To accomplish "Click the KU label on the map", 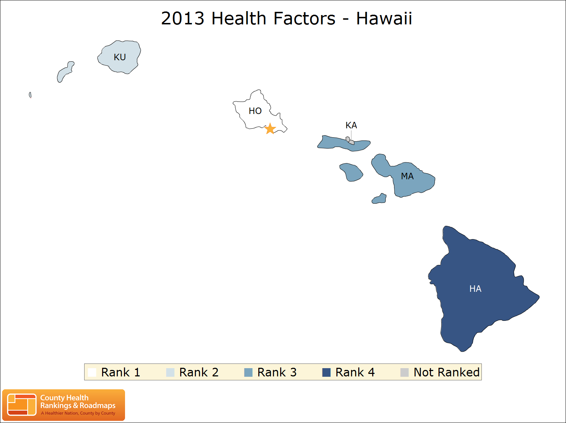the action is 120,57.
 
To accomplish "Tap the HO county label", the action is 255,111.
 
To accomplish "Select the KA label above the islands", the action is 351,125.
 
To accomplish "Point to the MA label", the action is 407,176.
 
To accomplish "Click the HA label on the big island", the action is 475,289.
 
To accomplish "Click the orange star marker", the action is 270,129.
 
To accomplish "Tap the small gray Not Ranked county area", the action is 350,141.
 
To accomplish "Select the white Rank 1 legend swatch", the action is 92,372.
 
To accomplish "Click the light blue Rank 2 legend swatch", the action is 170,372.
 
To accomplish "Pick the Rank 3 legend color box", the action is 248,372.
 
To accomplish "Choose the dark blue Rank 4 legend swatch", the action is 326,372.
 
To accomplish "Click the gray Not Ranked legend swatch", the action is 404,372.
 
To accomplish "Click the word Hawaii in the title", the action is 384,18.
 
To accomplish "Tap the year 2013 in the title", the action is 183,18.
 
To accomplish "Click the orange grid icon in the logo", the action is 21,405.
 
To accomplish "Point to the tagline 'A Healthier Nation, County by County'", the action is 78,413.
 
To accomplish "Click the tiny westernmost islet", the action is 30,95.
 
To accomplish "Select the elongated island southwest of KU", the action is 65,72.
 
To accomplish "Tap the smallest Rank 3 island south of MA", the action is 379,199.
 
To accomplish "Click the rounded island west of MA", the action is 351,172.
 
